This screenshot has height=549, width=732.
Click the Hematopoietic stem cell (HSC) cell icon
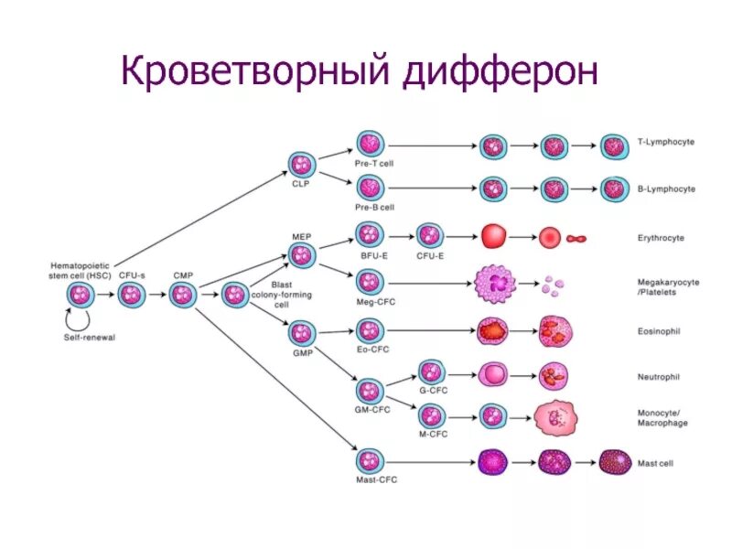pos(80,295)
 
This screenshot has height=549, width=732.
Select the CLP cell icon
pos(303,165)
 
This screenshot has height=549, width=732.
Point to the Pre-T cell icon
pos(370,144)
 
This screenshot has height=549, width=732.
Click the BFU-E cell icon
pos(370,235)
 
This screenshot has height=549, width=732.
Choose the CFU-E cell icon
pos(429,235)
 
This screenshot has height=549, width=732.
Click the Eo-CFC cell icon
pos(370,329)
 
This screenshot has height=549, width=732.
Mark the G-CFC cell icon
pos(431,371)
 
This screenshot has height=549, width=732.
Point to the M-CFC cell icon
pos(431,415)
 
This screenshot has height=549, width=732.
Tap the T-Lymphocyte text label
pos(665,143)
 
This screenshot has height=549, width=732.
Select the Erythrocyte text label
pos(661,238)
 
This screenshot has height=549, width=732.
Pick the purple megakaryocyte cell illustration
pos(498,284)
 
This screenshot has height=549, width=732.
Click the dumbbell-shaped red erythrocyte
pos(577,239)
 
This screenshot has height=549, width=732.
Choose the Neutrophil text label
pos(658,376)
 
